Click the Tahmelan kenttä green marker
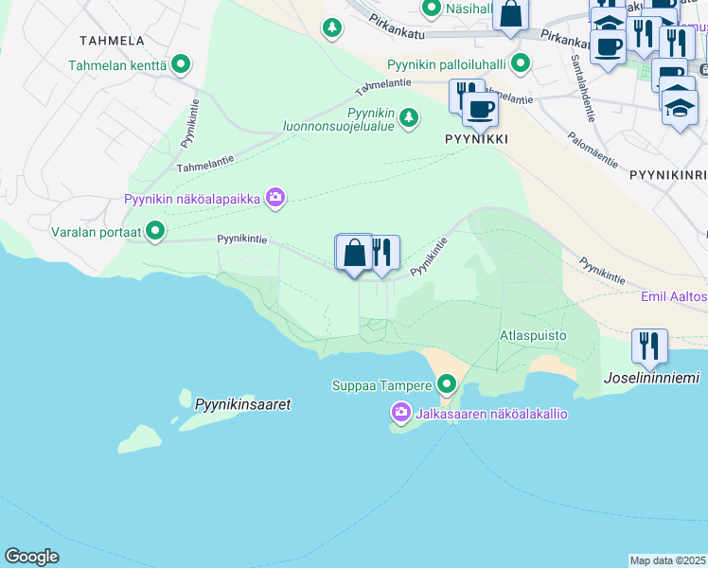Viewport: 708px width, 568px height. [x=180, y=65]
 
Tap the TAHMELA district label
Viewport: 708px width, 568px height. [x=113, y=41]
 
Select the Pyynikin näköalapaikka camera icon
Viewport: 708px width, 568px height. [x=275, y=198]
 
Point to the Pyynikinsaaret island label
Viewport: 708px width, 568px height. [x=242, y=404]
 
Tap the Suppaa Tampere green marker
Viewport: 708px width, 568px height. [x=447, y=384]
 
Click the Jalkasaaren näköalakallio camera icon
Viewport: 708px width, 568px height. [x=400, y=413]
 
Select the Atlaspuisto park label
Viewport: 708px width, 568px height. [x=533, y=335]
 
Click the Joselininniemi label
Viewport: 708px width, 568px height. [x=651, y=379]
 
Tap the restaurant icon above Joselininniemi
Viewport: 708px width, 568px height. [x=649, y=346]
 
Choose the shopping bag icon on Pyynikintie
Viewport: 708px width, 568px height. [x=354, y=253]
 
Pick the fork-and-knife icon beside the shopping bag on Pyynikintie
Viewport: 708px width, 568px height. [x=382, y=254]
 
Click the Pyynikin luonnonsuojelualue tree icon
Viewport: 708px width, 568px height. [x=408, y=117]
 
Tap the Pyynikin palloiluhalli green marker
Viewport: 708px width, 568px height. [x=520, y=65]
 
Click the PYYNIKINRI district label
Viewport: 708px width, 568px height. [x=667, y=175]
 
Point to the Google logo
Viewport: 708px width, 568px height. [x=32, y=557]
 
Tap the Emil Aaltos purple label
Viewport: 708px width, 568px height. [x=674, y=297]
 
